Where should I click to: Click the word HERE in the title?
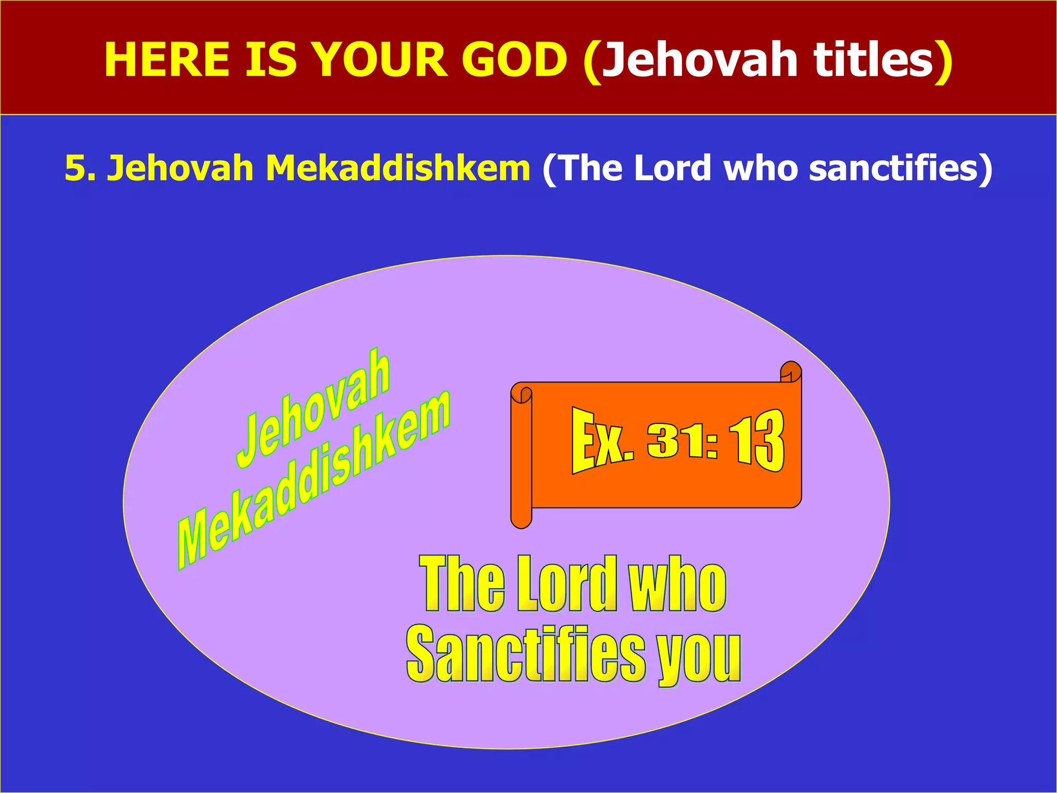click(166, 60)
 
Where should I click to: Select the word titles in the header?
click(873, 60)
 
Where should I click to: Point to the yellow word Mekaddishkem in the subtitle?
click(397, 168)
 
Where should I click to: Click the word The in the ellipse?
click(462, 584)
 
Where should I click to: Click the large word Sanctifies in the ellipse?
click(525, 655)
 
